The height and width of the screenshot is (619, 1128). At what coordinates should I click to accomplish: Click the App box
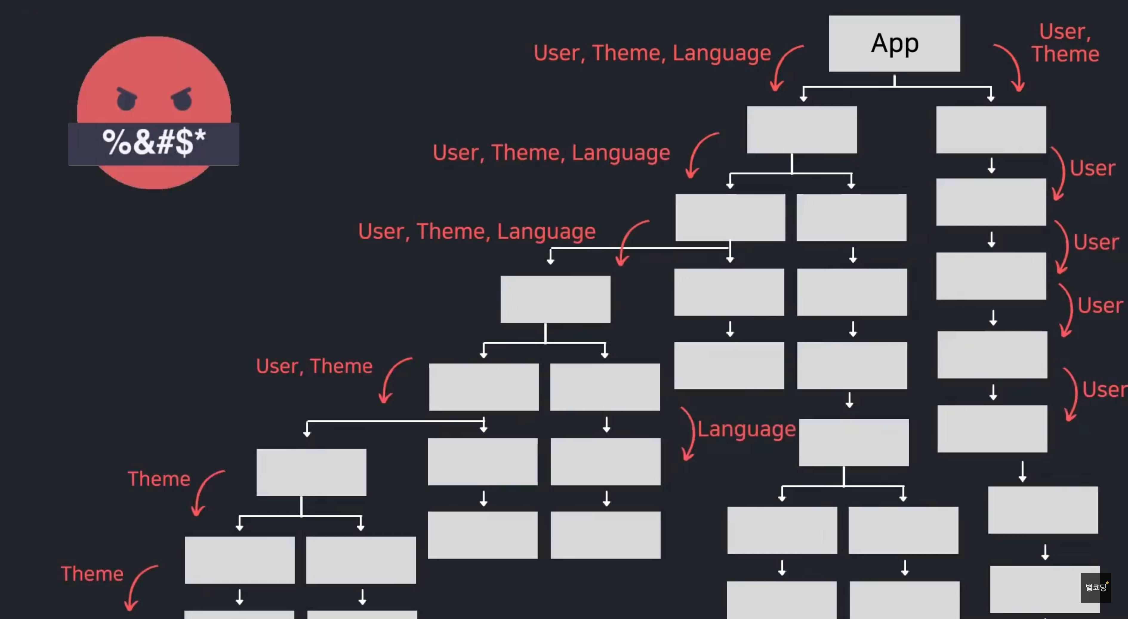tap(894, 43)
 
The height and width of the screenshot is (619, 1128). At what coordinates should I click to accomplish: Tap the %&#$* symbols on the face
tap(154, 142)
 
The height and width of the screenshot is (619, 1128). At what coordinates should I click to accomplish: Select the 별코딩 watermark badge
tap(1095, 587)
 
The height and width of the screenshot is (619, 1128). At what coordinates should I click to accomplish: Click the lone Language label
tap(746, 429)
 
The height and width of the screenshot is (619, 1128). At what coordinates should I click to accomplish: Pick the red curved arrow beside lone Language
tap(689, 434)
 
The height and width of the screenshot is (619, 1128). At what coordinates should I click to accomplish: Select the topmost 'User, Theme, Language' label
tap(652, 53)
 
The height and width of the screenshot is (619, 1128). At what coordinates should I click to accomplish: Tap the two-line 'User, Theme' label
tap(1065, 43)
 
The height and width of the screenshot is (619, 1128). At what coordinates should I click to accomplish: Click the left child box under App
tap(802, 130)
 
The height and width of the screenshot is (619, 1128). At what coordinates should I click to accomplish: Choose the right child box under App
tap(991, 130)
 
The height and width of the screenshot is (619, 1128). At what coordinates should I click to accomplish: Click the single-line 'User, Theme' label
tap(314, 366)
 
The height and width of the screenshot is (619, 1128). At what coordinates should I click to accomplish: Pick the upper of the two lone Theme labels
tap(159, 479)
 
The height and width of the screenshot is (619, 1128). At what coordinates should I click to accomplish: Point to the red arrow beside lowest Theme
tap(139, 587)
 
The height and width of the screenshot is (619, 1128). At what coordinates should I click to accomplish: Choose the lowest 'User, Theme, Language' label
tap(477, 231)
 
